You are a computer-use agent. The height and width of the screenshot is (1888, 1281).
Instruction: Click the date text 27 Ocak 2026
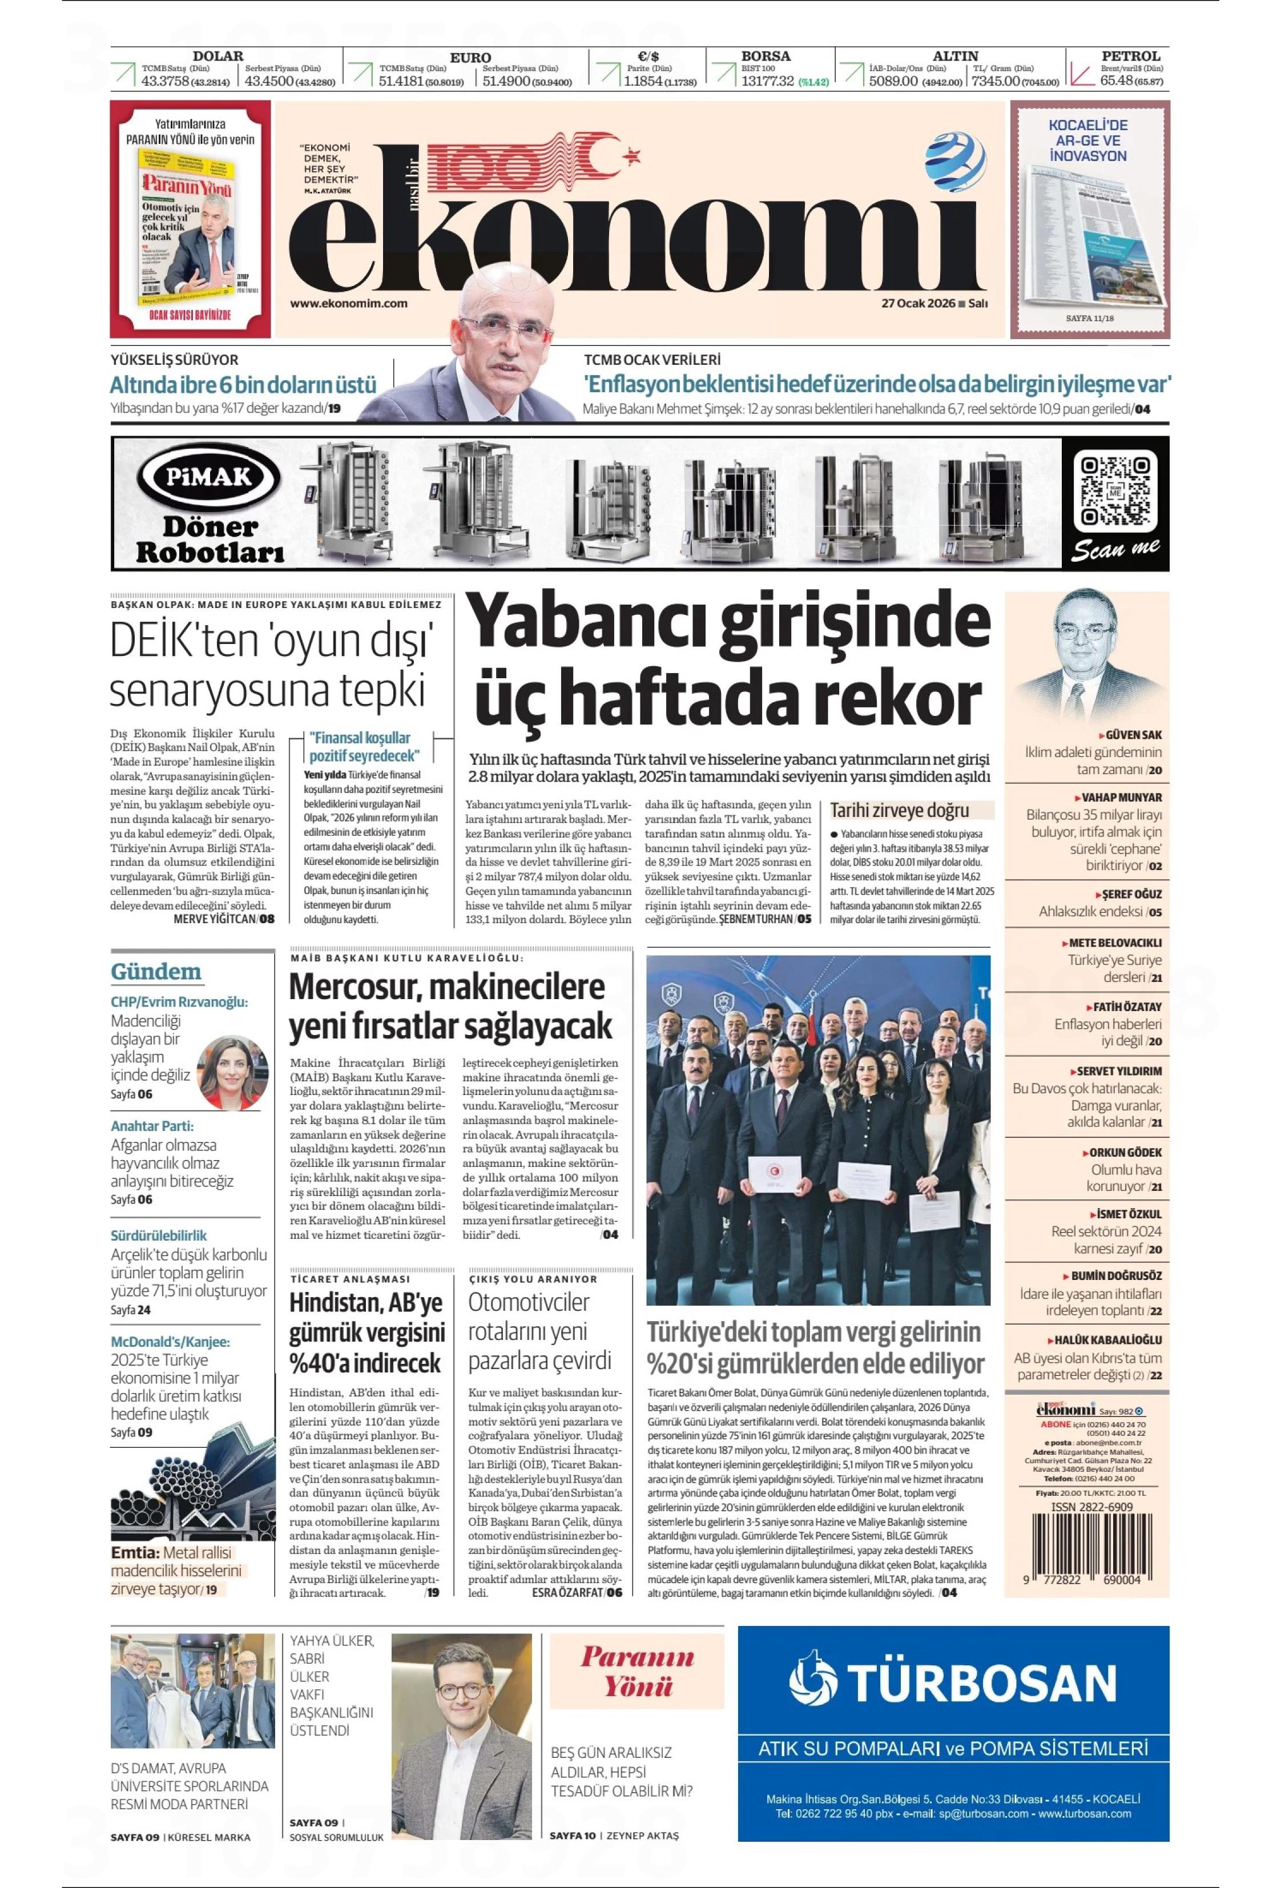pos(919,304)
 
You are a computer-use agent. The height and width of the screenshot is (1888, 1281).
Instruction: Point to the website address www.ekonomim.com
pos(348,303)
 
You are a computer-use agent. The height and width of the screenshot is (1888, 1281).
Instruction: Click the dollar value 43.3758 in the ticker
pos(166,81)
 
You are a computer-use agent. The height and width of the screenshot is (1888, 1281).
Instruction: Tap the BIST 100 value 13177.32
pos(767,81)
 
